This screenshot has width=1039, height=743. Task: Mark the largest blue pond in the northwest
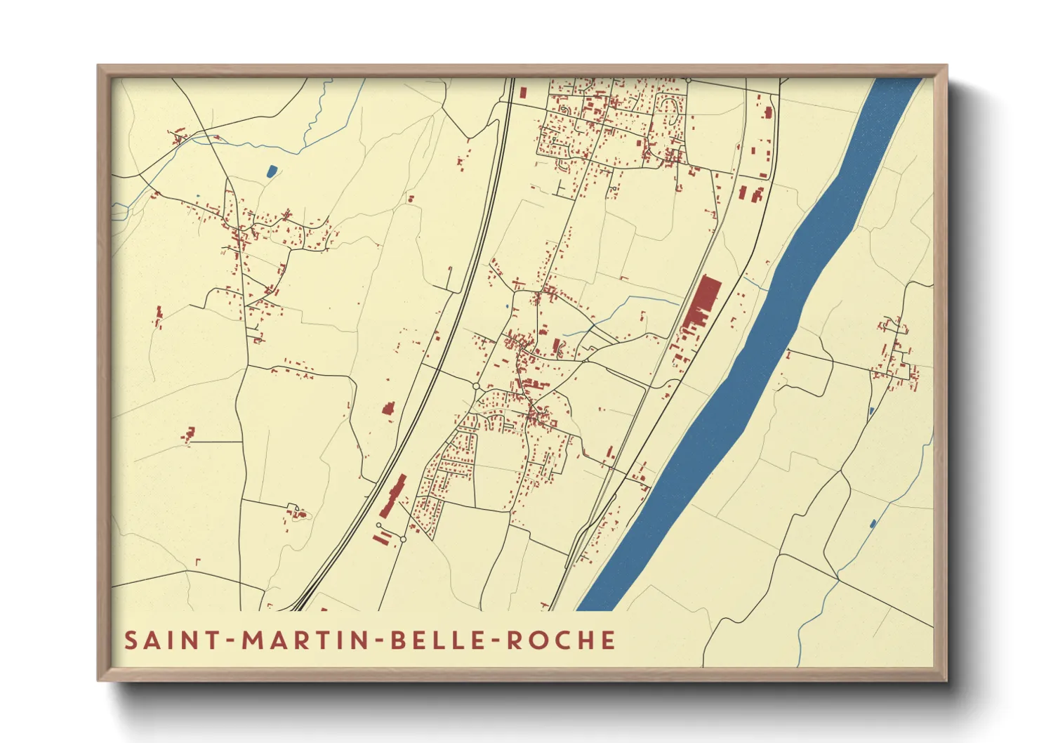tap(272, 170)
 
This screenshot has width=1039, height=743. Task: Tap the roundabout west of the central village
tap(476, 386)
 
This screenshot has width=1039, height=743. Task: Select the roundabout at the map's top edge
tap(689, 80)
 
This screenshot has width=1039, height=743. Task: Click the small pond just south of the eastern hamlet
tap(871, 410)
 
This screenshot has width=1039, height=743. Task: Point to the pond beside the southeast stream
tap(873, 523)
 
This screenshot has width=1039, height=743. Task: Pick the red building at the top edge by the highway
tap(522, 92)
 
